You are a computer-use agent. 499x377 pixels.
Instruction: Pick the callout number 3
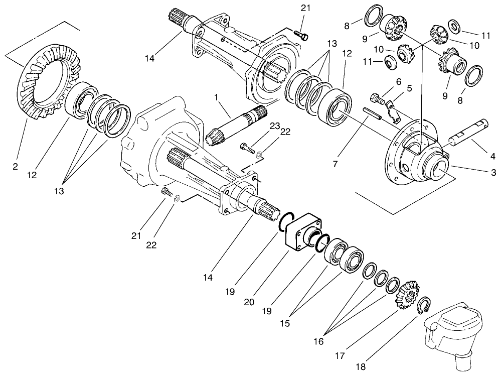(493, 173)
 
